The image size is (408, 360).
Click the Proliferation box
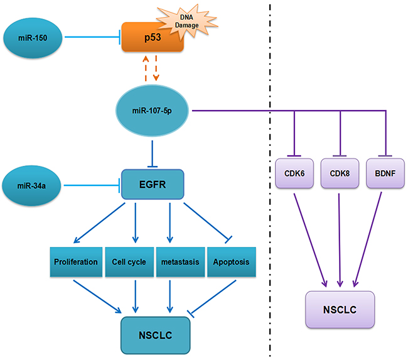coord(75,261)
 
